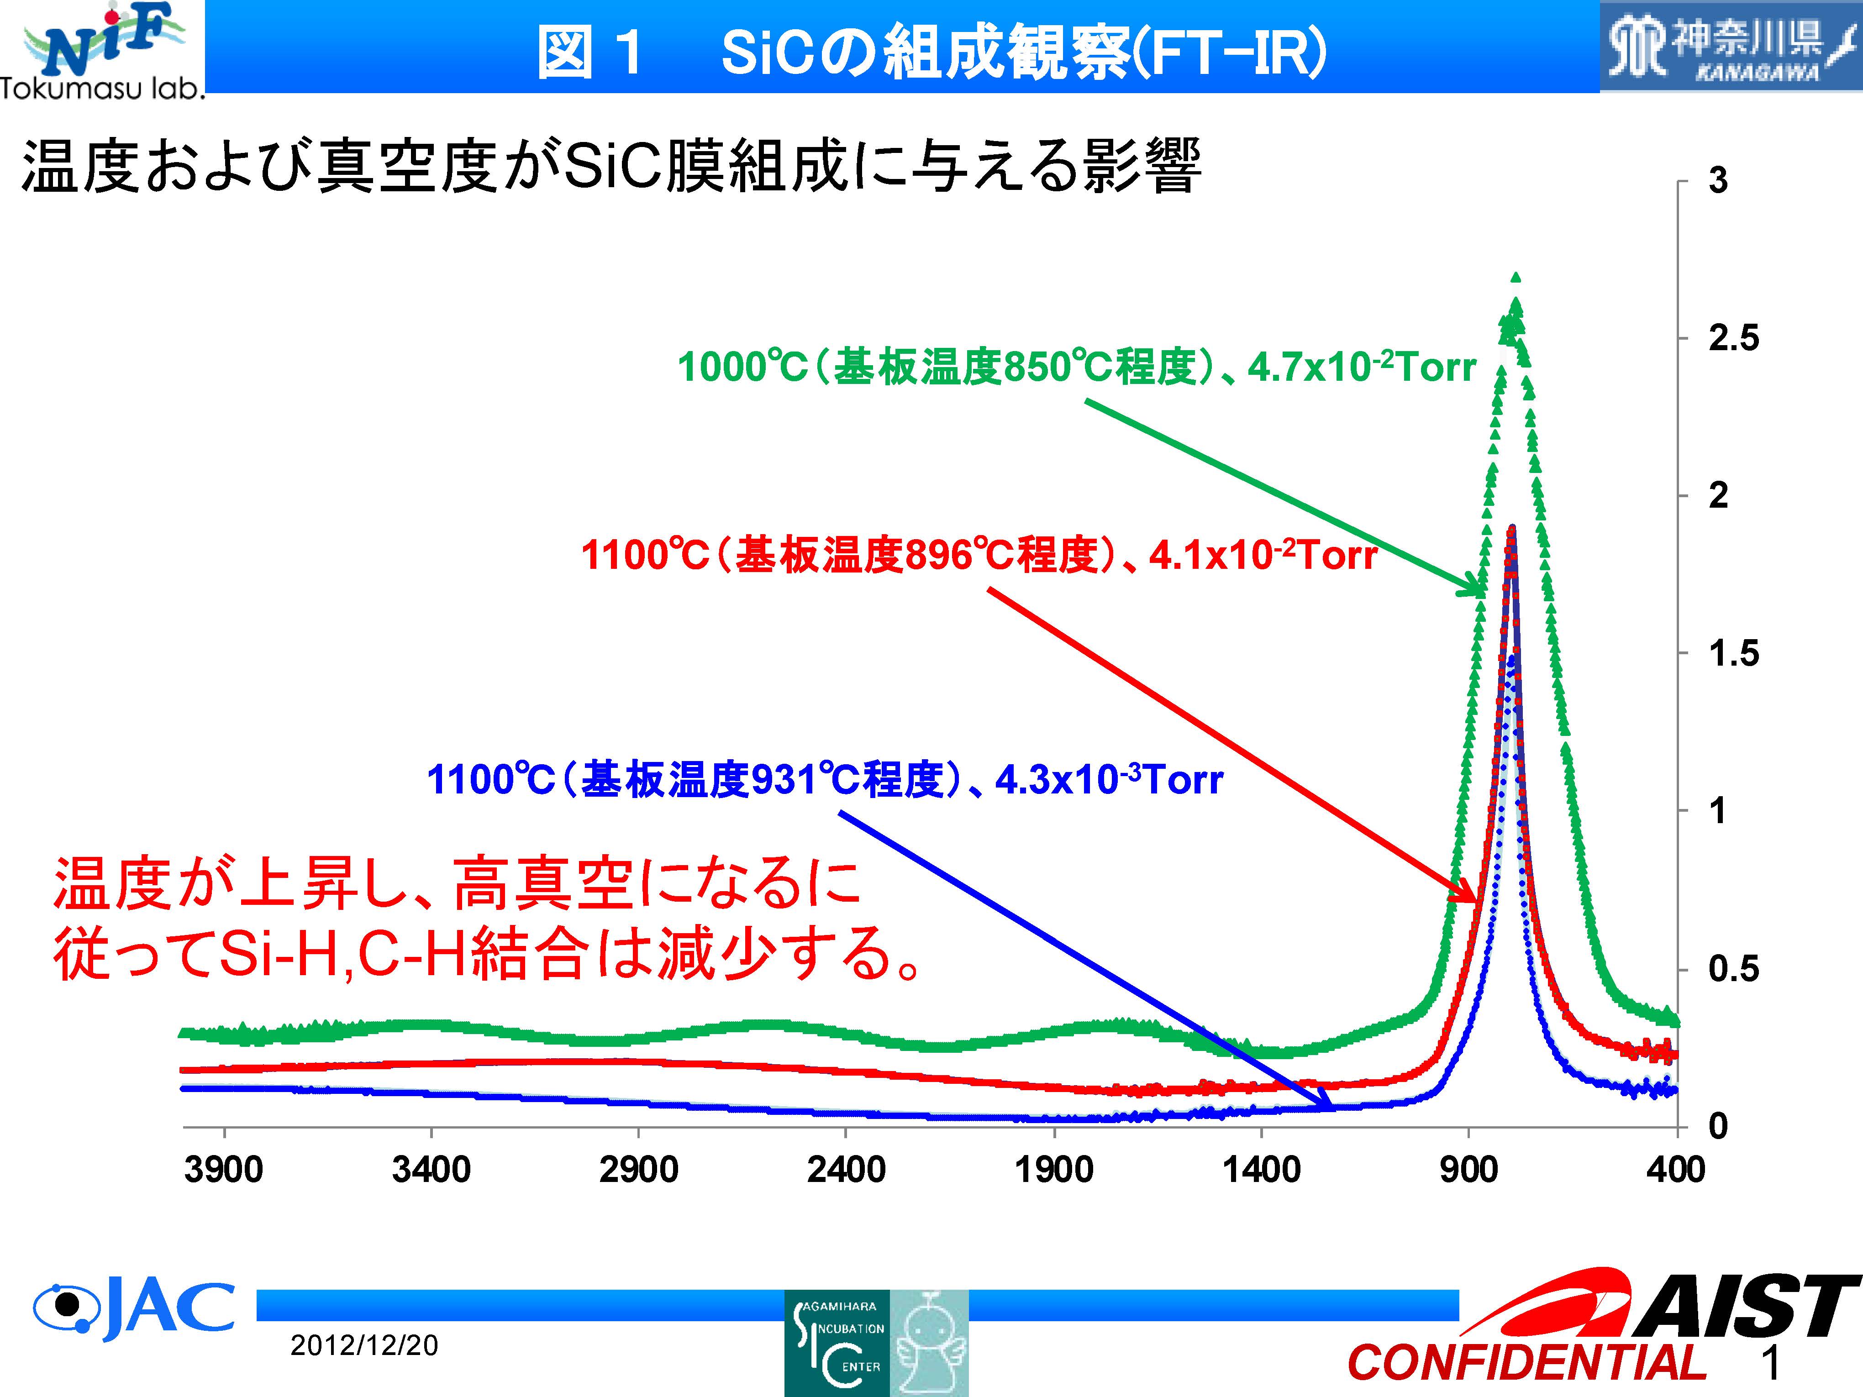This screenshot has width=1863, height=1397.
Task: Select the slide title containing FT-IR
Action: click(931, 52)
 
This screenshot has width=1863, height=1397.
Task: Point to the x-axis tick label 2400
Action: click(846, 1170)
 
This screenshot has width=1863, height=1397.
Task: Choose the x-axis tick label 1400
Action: click(1261, 1170)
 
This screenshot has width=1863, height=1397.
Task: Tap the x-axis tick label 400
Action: click(1675, 1170)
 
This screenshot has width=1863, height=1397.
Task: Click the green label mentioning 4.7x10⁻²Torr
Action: click(1076, 367)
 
